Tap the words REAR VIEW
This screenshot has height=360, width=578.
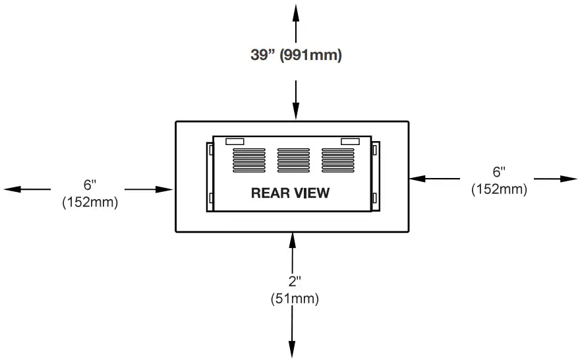[290, 193]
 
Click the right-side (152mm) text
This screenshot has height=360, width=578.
[499, 189]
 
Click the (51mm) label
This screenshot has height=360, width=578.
[294, 299]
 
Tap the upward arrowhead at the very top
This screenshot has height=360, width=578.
[295, 11]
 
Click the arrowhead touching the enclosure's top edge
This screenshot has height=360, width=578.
[295, 113]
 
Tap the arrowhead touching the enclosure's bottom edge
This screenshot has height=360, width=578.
[292, 239]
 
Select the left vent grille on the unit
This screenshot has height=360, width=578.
[248, 159]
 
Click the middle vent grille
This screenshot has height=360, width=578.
[293, 159]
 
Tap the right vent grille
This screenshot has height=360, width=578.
[337, 159]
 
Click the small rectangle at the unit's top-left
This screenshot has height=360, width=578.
[235, 141]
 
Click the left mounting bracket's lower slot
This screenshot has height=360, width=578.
[210, 197]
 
